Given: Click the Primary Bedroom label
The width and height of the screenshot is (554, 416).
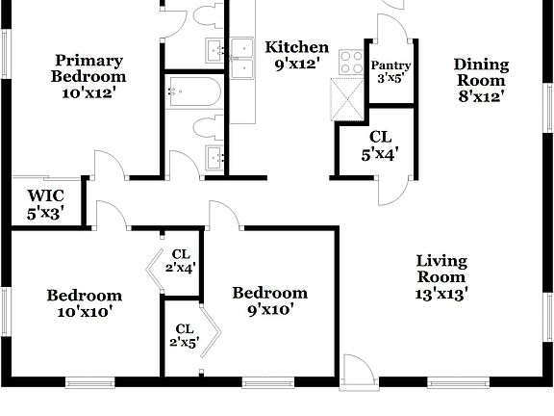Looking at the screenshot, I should [88, 76].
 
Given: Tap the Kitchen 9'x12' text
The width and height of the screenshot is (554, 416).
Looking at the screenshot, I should [297, 56].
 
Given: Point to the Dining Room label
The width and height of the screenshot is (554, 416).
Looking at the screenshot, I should [481, 80].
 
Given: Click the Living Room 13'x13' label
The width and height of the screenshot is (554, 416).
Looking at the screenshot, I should [441, 278].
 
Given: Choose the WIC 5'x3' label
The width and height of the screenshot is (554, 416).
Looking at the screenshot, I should [45, 204].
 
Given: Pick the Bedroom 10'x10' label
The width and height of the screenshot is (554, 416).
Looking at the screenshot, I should [85, 303].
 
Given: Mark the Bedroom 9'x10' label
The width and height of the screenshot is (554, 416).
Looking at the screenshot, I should [270, 300].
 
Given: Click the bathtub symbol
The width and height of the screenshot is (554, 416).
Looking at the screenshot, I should [193, 92].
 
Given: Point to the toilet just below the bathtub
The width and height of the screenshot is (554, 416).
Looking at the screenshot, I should [204, 127].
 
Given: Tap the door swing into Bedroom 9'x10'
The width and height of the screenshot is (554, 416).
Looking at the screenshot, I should [222, 214].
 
